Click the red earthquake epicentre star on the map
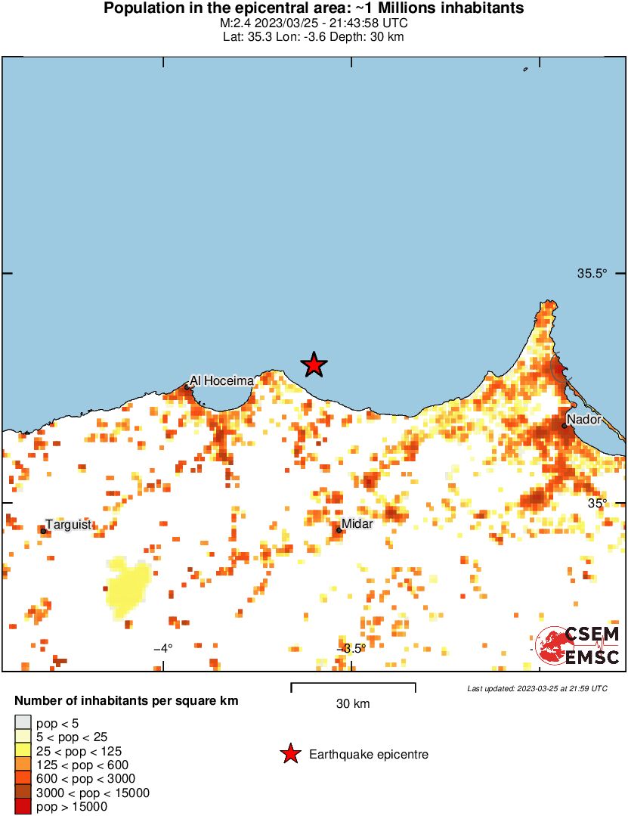click(x=314, y=365)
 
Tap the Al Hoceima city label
click(x=221, y=381)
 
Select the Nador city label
click(x=583, y=419)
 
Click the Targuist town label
click(x=68, y=524)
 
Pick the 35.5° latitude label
click(x=592, y=274)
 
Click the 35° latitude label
click(x=599, y=503)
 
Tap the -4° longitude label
click(x=163, y=648)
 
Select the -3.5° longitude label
click(x=351, y=648)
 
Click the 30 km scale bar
click(x=353, y=687)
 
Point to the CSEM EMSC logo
click(x=578, y=646)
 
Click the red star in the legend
click(x=289, y=754)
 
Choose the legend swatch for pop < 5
click(x=23, y=723)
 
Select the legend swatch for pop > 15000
click(x=23, y=807)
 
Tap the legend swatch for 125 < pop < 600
click(x=23, y=765)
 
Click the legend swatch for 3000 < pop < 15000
click(x=23, y=793)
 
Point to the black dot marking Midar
click(x=339, y=530)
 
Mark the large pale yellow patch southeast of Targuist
click(x=126, y=587)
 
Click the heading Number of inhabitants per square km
click(x=127, y=701)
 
